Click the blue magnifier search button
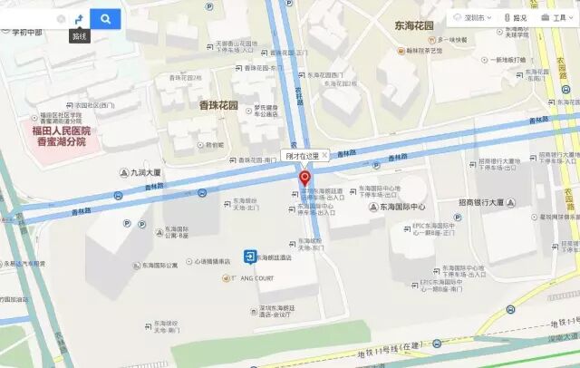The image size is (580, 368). coord(105,18)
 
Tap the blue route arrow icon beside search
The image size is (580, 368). coord(78,18)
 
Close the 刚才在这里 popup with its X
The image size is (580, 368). coord(324,155)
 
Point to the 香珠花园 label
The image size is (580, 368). coord(217,105)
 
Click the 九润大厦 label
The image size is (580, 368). coord(144,171)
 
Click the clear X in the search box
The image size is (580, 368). coord(61,18)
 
